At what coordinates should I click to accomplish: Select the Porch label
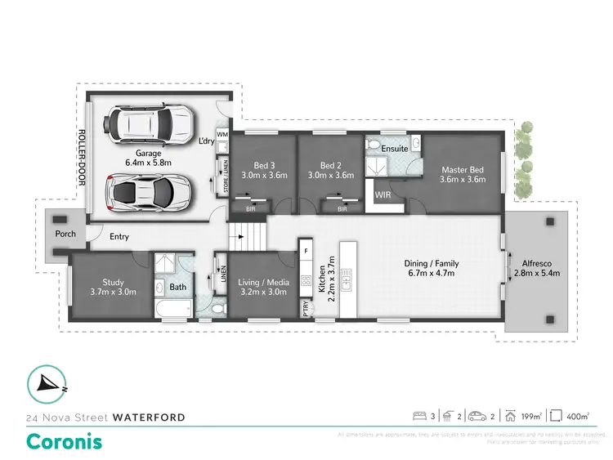click(65, 234)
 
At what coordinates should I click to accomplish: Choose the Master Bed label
click(463, 168)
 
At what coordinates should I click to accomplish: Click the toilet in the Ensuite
click(373, 147)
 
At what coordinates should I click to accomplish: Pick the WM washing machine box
click(222, 134)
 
